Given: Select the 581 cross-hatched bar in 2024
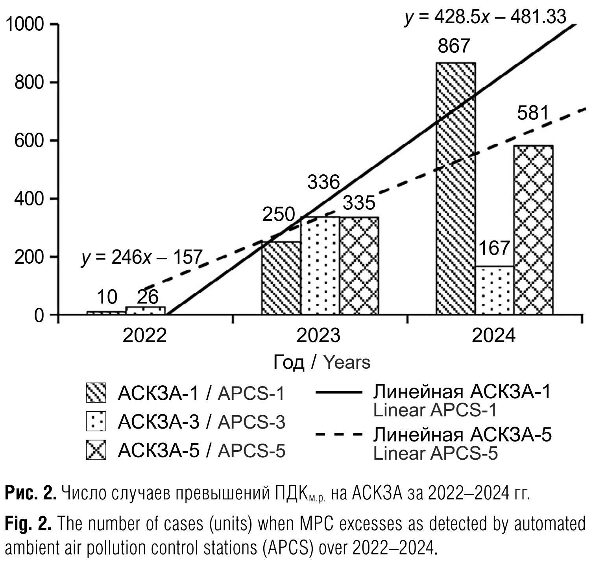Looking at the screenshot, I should point(533,230).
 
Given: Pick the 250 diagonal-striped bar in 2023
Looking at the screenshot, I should point(281,278).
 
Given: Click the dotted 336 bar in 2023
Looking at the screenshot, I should point(320,266).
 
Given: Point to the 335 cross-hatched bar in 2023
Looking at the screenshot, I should point(359,266).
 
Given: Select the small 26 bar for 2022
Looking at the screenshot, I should point(145,310).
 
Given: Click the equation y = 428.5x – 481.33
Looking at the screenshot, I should point(486,17).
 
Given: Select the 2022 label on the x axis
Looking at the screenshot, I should point(145,336).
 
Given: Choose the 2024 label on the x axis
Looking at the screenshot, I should point(494,336).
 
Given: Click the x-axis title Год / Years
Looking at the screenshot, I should point(321,362).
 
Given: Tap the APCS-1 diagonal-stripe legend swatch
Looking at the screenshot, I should point(96,393).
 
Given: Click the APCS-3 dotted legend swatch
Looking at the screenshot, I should point(96,421).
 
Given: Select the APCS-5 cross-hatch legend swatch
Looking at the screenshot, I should point(96,450).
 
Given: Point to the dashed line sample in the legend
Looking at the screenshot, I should point(338,435).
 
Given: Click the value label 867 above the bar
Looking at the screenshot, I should point(454,46).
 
